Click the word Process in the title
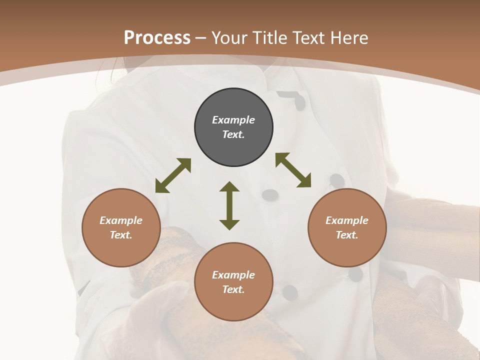[x=157, y=38]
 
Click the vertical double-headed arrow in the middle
[x=229, y=206]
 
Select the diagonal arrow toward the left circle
[x=173, y=175]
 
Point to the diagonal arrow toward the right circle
[x=293, y=170]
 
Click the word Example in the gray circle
[x=233, y=120]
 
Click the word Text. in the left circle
[x=121, y=235]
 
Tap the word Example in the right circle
[x=347, y=220]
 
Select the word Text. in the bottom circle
[x=233, y=289]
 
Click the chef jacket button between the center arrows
[x=270, y=194]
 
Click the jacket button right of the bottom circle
[x=290, y=293]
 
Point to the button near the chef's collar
[x=299, y=102]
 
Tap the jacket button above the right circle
[x=337, y=180]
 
